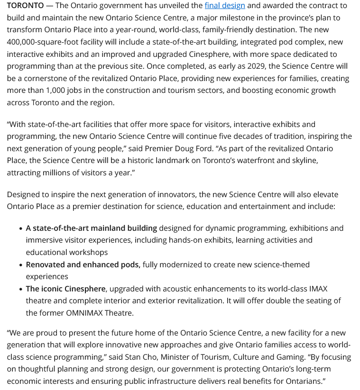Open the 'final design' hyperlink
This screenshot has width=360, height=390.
pos(225,6)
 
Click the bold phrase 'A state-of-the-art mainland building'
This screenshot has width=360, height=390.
pos(92,228)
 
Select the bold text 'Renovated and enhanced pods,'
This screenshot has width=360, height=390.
pos(83,264)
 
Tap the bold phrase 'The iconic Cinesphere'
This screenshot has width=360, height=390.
pos(66,289)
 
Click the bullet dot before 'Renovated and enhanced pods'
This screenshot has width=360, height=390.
pos(21,265)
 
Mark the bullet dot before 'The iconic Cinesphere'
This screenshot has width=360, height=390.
pos(21,289)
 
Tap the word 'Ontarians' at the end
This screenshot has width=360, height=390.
pos(302,381)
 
